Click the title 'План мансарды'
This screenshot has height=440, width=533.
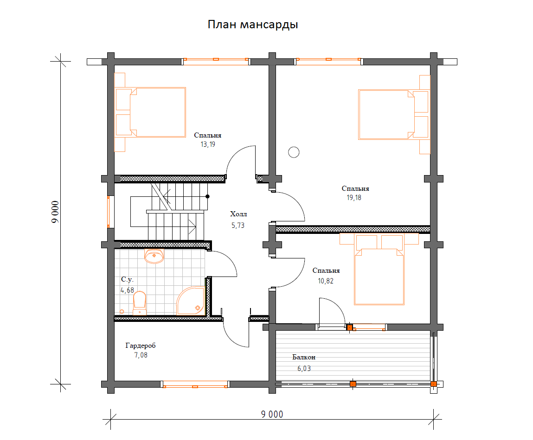[253, 25]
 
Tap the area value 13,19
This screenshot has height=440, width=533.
[208, 145]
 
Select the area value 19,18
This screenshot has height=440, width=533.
[354, 198]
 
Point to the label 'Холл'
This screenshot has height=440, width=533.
[238, 214]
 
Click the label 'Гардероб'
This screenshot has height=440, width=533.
[141, 346]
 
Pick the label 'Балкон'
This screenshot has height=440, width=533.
[304, 357]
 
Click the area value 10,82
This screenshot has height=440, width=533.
[326, 281]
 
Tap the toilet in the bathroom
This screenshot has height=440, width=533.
[139, 303]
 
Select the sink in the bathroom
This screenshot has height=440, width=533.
[154, 256]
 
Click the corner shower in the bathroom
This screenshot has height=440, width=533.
[190, 301]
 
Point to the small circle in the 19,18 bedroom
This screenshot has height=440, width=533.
[294, 152]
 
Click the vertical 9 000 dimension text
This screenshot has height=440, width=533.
[55, 212]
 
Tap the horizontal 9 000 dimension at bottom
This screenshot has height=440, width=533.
[272, 414]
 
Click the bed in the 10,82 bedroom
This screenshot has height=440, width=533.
[379, 269]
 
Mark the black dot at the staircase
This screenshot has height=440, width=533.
[207, 196]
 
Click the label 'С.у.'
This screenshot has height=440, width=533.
[127, 279]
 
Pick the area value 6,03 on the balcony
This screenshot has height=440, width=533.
[304, 368]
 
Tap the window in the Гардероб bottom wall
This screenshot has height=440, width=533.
[195, 384]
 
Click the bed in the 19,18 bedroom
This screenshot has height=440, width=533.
[394, 115]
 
